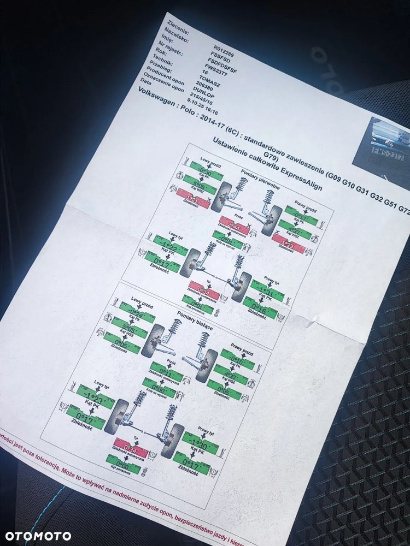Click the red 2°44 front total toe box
[234, 226]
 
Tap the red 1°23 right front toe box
[287, 242]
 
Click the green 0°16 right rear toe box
[260, 309]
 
